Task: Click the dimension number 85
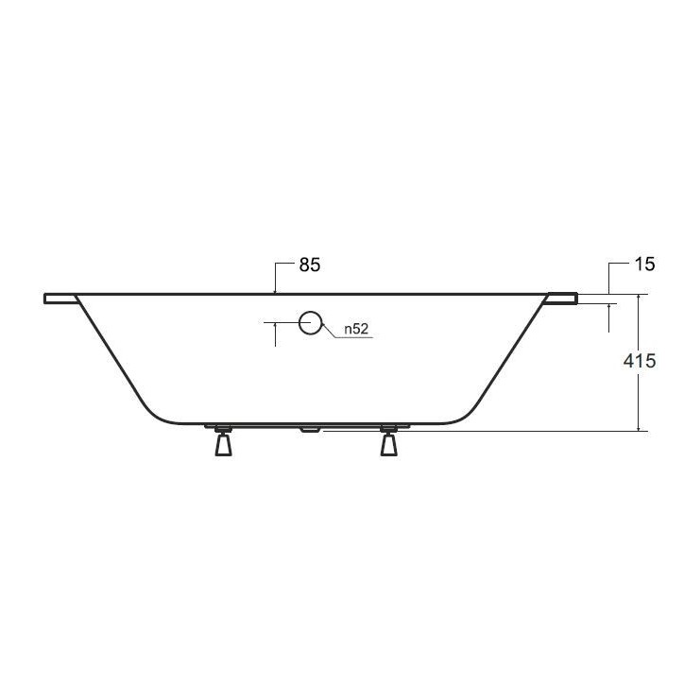(310, 265)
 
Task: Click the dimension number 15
(644, 265)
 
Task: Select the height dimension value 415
(641, 361)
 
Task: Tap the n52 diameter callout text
(355, 329)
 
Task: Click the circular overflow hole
(310, 323)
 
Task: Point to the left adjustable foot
(223, 442)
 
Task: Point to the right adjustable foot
(388, 442)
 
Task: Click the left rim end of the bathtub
(59, 299)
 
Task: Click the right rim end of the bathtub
(562, 299)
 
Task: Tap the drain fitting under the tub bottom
(309, 429)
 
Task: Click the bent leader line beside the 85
(275, 276)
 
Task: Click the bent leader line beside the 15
(608, 276)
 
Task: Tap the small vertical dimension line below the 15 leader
(608, 317)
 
